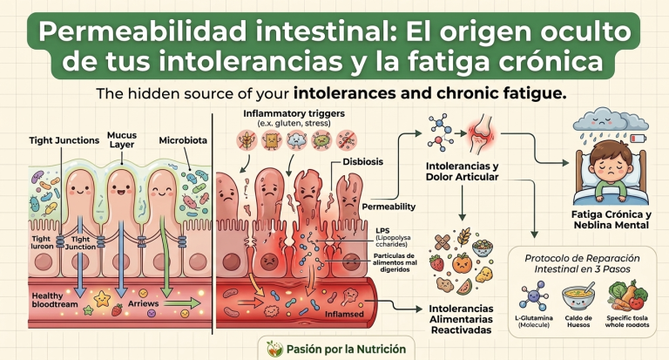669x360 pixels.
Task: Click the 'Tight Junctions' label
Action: (64, 140)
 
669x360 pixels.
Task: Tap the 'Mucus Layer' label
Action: (122, 139)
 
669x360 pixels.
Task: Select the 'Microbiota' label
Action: (183, 140)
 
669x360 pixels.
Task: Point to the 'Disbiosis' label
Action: (362, 162)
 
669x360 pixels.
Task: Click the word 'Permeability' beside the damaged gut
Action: (389, 207)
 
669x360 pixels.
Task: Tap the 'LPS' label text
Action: (382, 231)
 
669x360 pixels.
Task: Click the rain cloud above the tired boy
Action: (611, 119)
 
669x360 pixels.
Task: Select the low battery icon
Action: (639, 139)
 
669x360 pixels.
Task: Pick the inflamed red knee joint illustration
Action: (482, 133)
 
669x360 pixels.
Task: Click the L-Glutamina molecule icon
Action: (534, 295)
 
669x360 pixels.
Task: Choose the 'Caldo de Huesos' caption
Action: (578, 322)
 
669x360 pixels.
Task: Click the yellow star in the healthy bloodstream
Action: (103, 298)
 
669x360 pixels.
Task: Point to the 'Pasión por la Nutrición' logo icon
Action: (274, 349)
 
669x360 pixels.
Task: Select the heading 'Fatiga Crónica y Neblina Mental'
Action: (611, 220)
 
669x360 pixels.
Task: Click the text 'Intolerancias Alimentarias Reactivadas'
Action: (461, 319)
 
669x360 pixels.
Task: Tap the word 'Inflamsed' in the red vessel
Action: (344, 315)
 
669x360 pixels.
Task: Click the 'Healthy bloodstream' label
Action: (55, 300)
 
